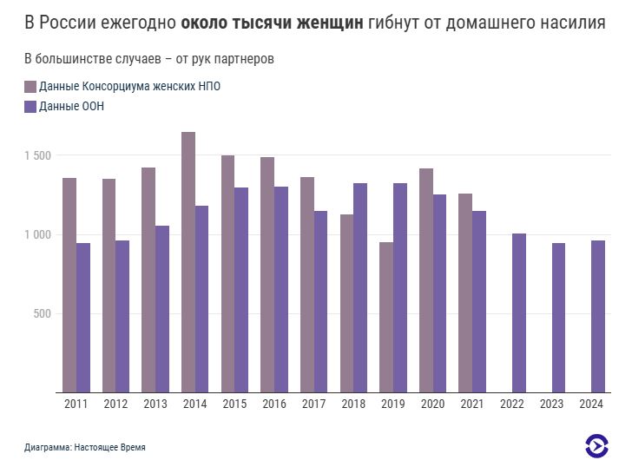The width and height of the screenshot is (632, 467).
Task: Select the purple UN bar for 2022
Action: coord(519,312)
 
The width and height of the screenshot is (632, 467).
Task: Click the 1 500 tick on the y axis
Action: coord(38,155)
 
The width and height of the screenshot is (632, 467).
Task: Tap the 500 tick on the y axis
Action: coord(43,314)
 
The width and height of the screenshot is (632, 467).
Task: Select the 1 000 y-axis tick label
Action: coord(38,234)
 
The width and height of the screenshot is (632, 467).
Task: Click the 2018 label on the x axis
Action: coord(353,404)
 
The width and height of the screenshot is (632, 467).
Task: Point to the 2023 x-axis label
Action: coord(552,404)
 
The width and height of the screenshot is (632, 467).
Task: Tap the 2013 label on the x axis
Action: coord(155,404)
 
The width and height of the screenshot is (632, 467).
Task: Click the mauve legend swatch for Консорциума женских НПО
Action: coord(30,87)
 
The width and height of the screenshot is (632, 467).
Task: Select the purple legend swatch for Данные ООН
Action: coord(30,107)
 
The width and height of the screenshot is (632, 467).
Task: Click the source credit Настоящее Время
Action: coord(109,448)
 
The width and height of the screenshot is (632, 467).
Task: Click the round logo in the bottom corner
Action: coord(596,446)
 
